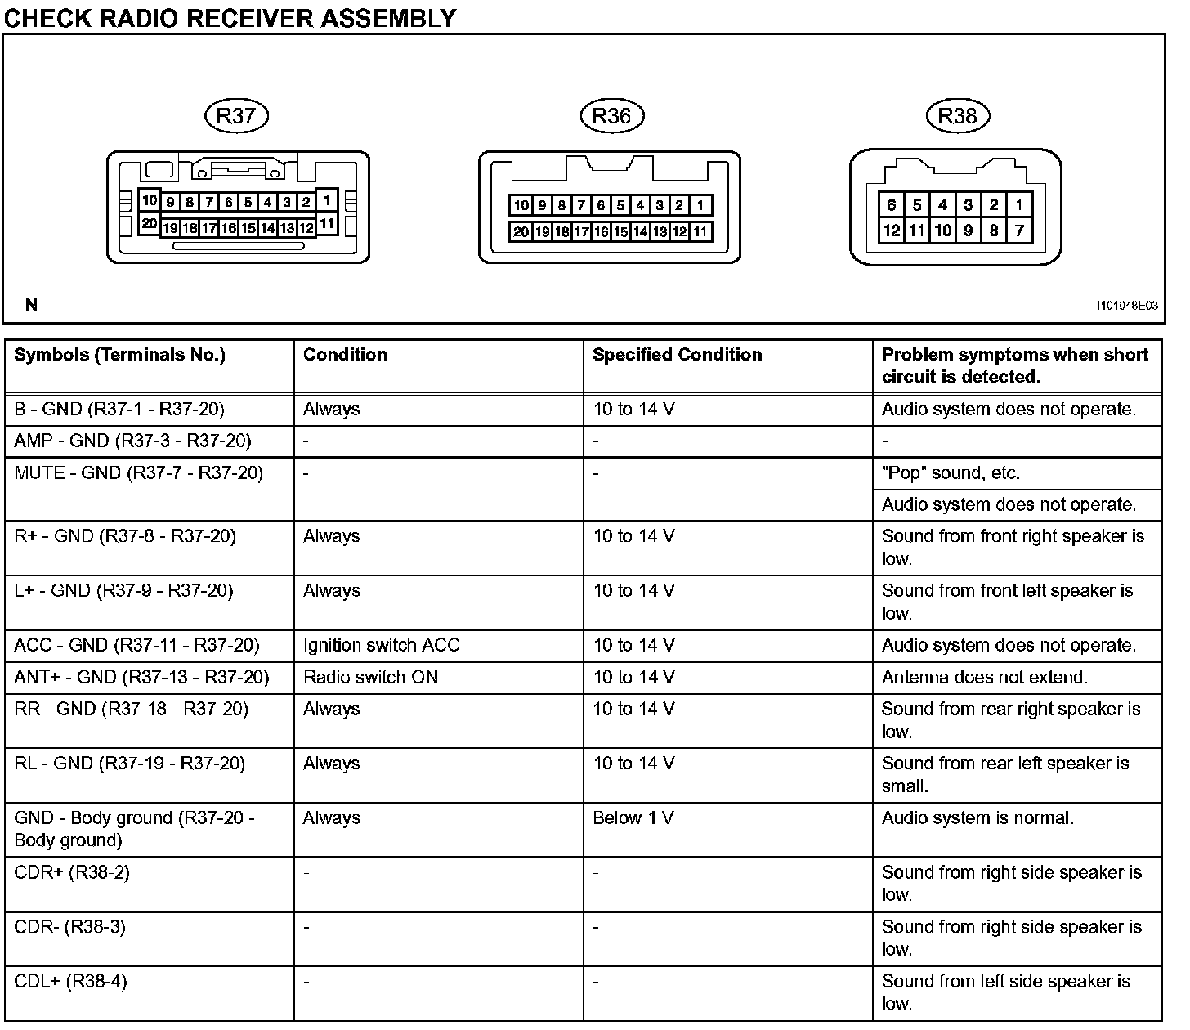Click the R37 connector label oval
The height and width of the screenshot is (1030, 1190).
pyautogui.click(x=236, y=116)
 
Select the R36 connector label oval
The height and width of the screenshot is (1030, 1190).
pyautogui.click(x=611, y=116)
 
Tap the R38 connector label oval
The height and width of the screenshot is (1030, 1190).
pyautogui.click(x=957, y=116)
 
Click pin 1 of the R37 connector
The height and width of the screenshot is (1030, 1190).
pyautogui.click(x=326, y=199)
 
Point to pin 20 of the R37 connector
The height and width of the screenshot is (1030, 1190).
pyautogui.click(x=149, y=222)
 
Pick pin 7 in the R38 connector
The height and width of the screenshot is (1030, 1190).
pyautogui.click(x=1019, y=231)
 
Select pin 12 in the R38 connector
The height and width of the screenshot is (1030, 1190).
pyautogui.click(x=892, y=231)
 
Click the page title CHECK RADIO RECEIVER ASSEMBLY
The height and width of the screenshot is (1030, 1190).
pyautogui.click(x=230, y=17)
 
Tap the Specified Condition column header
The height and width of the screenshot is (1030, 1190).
pyautogui.click(x=677, y=355)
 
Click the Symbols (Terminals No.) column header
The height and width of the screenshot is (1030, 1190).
pyautogui.click(x=119, y=355)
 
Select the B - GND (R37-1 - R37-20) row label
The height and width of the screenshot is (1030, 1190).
pyautogui.click(x=119, y=410)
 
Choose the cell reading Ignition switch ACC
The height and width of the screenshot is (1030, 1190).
pyautogui.click(x=381, y=646)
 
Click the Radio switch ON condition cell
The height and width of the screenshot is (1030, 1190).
pyautogui.click(x=370, y=678)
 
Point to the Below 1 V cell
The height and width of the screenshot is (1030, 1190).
pyautogui.click(x=633, y=818)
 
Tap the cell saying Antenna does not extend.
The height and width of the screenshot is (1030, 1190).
pyautogui.click(x=984, y=678)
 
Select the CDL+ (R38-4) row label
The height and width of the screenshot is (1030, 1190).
pyautogui.click(x=71, y=982)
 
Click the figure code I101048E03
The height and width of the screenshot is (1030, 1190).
pyautogui.click(x=1127, y=306)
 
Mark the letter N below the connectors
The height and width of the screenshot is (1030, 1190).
pyautogui.click(x=32, y=306)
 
